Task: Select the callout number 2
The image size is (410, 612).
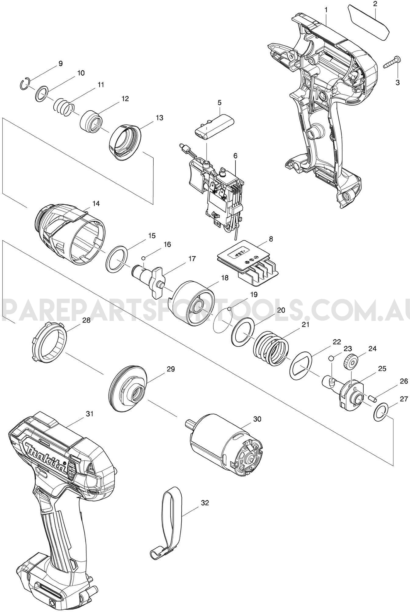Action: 375,4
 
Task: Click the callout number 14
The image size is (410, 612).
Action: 96,204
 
